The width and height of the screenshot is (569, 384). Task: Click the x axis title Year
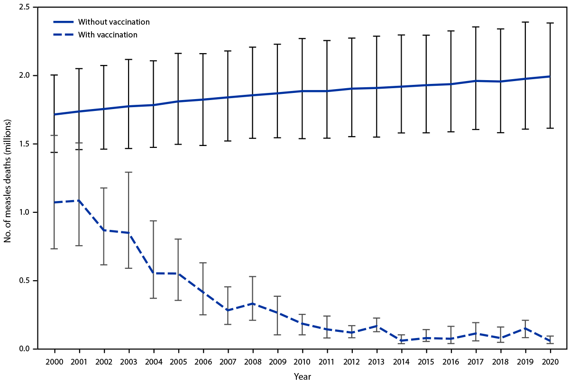click(302, 376)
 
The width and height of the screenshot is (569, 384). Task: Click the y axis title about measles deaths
click(8, 178)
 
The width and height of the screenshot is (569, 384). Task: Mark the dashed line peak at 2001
click(79, 201)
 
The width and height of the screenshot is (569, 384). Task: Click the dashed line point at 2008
click(253, 303)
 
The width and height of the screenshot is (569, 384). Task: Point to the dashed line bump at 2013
click(376, 326)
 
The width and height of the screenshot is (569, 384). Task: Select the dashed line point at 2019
click(525, 328)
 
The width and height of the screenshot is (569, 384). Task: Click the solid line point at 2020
click(550, 76)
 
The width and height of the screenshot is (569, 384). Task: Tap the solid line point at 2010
click(302, 91)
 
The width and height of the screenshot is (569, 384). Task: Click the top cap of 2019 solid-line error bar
click(525, 22)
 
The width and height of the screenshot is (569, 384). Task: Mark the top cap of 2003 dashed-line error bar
click(129, 172)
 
